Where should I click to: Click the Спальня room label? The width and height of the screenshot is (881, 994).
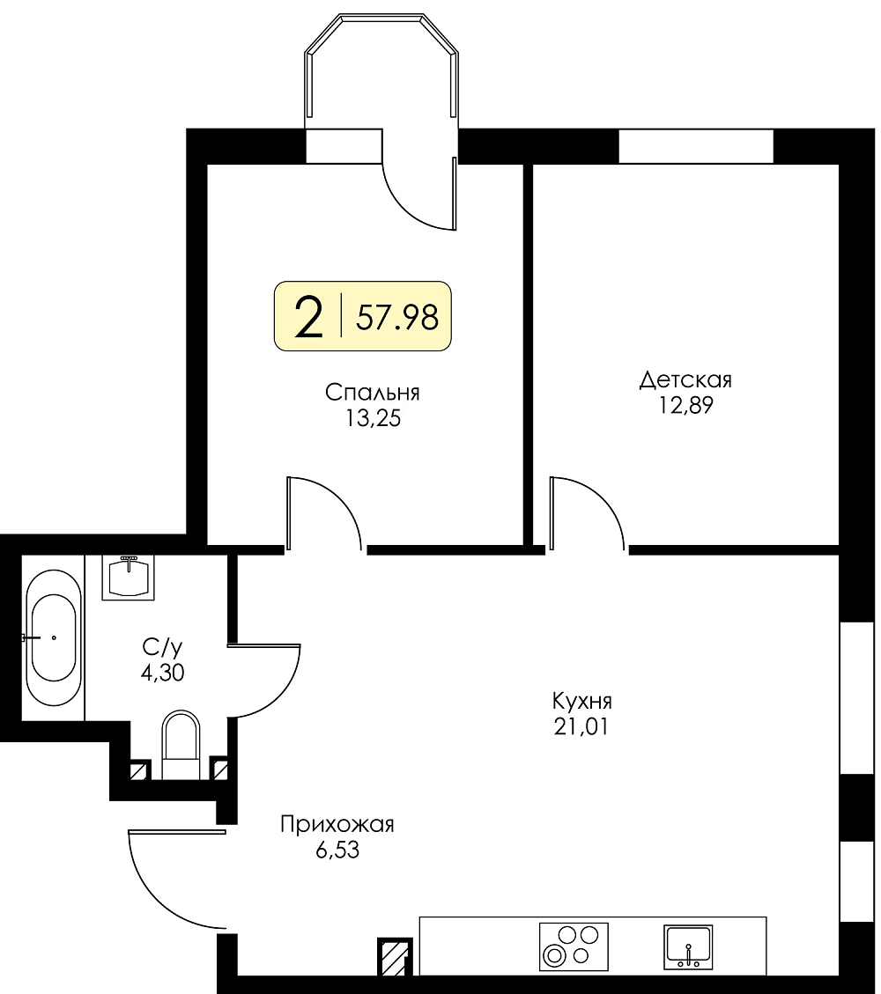click(373, 393)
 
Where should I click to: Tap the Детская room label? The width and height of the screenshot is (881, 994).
click(685, 379)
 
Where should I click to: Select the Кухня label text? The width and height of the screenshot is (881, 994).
click(581, 701)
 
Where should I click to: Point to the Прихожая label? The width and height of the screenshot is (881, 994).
click(337, 824)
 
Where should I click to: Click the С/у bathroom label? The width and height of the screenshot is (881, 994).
click(162, 647)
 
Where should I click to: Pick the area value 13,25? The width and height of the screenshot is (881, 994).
click(373, 418)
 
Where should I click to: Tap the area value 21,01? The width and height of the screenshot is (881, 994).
click(581, 725)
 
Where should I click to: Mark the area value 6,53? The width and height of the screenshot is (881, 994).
click(337, 850)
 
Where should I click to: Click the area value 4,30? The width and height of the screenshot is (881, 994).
click(162, 672)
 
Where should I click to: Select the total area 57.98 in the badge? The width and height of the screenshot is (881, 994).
click(397, 317)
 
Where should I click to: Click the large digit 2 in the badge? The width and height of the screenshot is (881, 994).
click(309, 317)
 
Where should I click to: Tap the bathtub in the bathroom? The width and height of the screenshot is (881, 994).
click(53, 637)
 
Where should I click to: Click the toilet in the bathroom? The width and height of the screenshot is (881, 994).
click(181, 744)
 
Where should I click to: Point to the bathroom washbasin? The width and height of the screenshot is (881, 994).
click(128, 577)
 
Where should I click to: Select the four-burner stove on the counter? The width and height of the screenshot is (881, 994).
click(574, 946)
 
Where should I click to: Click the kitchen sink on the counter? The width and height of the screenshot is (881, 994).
click(687, 946)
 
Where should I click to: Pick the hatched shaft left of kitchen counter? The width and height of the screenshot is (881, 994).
click(395, 957)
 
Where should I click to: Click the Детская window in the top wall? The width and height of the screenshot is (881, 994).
click(696, 146)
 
